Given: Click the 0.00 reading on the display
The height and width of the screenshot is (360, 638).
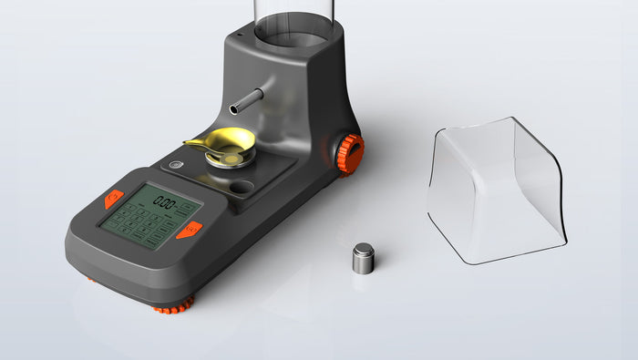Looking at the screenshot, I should [165, 201].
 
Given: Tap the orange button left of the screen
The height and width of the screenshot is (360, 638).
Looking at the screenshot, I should [114, 197].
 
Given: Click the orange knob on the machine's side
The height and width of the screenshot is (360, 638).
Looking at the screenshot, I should [350, 153].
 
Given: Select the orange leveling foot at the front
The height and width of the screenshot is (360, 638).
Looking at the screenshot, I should [173, 306].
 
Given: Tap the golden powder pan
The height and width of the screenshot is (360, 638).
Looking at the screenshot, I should [232, 141].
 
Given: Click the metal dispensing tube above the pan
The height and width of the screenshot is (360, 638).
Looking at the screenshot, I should [247, 100].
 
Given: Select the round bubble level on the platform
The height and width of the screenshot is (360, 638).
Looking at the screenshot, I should [175, 165].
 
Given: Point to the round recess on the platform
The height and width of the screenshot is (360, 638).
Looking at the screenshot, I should [242, 188].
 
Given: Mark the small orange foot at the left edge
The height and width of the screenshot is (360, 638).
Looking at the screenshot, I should [91, 279].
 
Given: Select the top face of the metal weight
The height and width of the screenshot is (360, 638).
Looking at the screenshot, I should [363, 249].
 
